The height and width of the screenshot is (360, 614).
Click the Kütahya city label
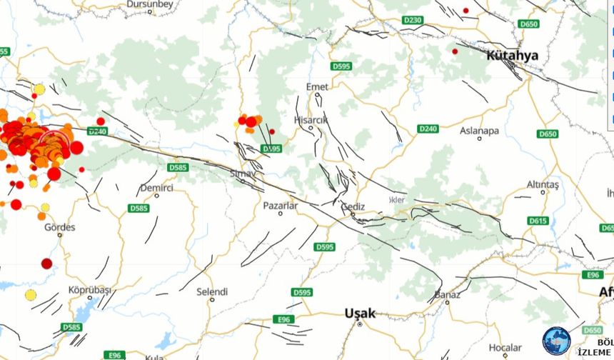click(512, 55)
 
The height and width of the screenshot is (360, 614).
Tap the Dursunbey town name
click(150, 4)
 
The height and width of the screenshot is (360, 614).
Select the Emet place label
click(317, 86)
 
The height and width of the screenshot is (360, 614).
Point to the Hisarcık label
click(311, 120)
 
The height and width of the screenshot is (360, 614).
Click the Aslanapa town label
click(479, 131)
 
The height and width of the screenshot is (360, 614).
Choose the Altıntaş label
click(543, 184)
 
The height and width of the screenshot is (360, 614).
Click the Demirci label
click(157, 187)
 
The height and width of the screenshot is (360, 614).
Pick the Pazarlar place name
click(280, 205)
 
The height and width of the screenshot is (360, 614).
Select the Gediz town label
click(353, 207)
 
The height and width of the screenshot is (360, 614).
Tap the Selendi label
click(212, 291)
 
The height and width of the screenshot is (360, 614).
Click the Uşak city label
click(360, 313)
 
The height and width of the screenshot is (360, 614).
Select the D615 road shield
click(538, 221)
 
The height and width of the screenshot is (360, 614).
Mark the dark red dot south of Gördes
click(46, 264)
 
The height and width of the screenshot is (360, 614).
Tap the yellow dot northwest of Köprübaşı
click(31, 295)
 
